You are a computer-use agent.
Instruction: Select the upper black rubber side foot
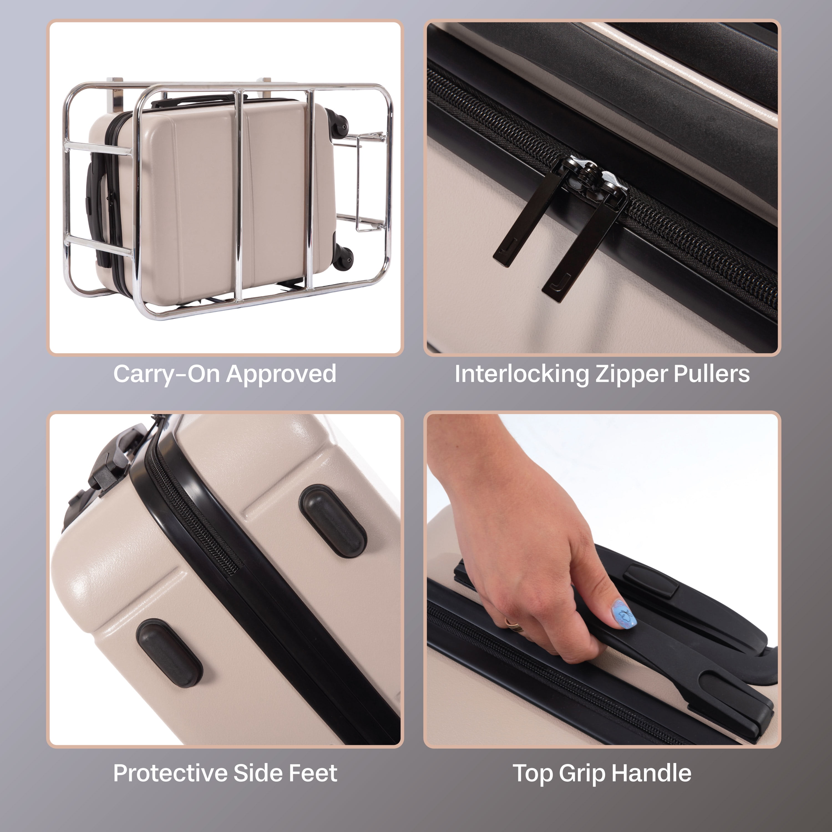click(333, 521)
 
